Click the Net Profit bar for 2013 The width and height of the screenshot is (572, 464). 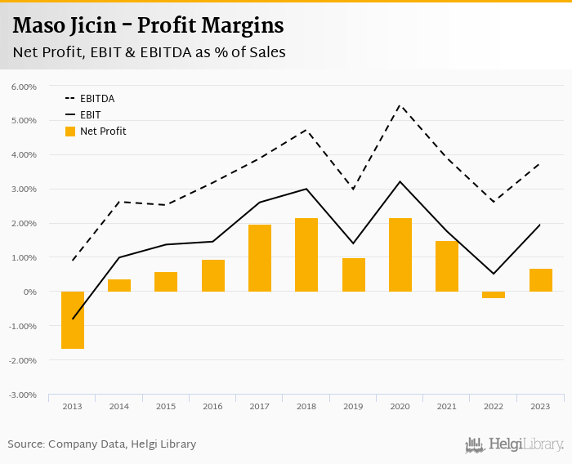pyautogui.click(x=72, y=320)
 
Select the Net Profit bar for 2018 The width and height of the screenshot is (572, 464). pyautogui.click(x=306, y=255)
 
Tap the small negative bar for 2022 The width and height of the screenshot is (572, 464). pyautogui.click(x=494, y=295)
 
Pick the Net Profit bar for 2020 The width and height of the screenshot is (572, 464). pyautogui.click(x=400, y=255)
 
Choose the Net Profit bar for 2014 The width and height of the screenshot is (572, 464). pyautogui.click(x=119, y=286)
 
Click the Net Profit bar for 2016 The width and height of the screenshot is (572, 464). pyautogui.click(x=213, y=276)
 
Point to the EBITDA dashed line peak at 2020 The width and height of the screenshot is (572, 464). pyautogui.click(x=400, y=105)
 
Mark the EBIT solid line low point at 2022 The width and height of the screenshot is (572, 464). pyautogui.click(x=494, y=274)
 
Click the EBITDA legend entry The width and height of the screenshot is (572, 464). pyautogui.click(x=96, y=99)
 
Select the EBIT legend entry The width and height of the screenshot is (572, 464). pyautogui.click(x=90, y=115)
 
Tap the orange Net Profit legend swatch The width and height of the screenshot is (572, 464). pyautogui.click(x=70, y=132)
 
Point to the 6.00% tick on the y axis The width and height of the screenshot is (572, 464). pyautogui.click(x=24, y=87)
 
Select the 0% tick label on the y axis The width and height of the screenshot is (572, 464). pyautogui.click(x=29, y=292)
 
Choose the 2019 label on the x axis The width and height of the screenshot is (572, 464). pyautogui.click(x=353, y=406)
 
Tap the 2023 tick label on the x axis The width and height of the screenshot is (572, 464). pyautogui.click(x=540, y=406)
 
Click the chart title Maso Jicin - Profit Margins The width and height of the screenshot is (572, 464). pyautogui.click(x=149, y=26)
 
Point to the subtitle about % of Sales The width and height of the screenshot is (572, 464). pyautogui.click(x=149, y=52)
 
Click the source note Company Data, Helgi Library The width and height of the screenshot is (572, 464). pyautogui.click(x=102, y=444)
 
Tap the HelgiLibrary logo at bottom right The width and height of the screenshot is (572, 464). pyautogui.click(x=515, y=444)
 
